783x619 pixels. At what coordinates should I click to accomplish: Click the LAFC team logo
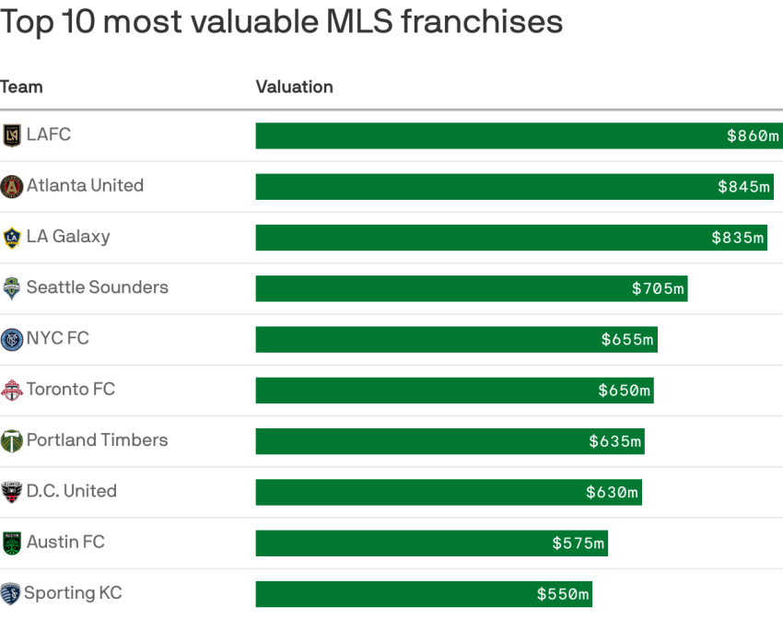[x=11, y=135]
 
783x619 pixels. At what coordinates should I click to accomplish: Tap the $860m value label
[x=753, y=135]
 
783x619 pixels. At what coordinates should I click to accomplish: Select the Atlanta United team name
[x=85, y=185]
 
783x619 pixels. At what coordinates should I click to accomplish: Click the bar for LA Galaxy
[x=511, y=238]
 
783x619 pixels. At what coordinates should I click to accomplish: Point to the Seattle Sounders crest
[x=11, y=288]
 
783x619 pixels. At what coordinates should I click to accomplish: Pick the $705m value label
[x=658, y=288]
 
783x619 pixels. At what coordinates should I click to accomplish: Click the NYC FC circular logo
[x=11, y=340]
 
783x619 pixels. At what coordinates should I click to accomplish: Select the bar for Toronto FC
[x=454, y=391]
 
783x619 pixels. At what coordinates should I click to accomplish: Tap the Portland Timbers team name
[x=97, y=439]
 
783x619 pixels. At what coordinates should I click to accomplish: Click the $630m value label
[x=612, y=492]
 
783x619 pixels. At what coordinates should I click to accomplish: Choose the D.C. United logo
[x=11, y=492]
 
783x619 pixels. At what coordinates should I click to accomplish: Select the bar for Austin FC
[x=432, y=543]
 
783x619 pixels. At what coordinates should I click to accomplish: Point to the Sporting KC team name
[x=73, y=593]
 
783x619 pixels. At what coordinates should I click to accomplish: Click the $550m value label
[x=563, y=594]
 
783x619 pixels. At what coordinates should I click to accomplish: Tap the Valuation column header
[x=294, y=87]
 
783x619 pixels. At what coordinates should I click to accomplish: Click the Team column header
[x=21, y=87]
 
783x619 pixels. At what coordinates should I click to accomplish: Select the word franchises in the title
[x=482, y=22]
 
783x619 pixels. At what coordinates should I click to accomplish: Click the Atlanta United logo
[x=11, y=187]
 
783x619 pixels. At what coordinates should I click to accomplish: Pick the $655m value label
[x=627, y=340]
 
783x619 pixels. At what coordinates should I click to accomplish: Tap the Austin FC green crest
[x=11, y=543]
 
